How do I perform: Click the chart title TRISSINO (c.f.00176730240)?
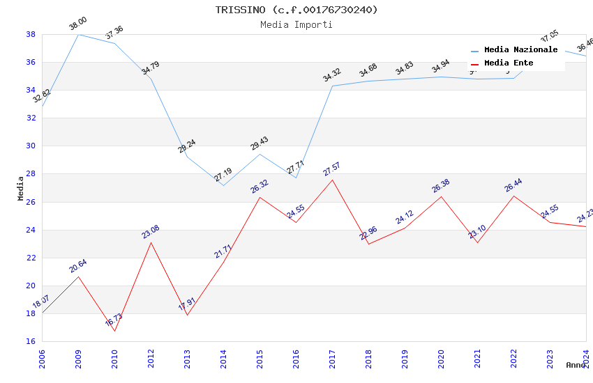pos(296,10)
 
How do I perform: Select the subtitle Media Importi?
pos(296,24)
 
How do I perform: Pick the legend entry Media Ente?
pos(509,63)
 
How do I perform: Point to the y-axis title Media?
pos(21,188)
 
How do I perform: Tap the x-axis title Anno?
pos(576,365)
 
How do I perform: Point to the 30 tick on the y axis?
pos(31,146)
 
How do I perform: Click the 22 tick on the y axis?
pos(31,258)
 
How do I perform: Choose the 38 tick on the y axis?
pos(31,34)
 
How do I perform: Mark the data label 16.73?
pos(114,320)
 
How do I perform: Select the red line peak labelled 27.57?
pos(332,180)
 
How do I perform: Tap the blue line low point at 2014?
pos(223,185)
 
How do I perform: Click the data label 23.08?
pos(150,232)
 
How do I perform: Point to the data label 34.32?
pos(331,75)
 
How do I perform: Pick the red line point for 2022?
pos(513,196)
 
